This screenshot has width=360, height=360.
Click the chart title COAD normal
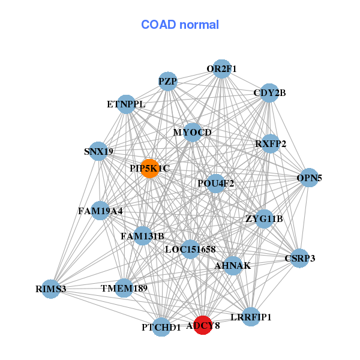coord(180,25)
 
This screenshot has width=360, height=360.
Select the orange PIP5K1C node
coord(150,169)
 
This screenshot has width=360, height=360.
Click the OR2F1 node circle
coord(222,68)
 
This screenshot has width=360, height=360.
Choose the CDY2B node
coord(269,93)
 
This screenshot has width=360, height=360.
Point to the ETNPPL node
coord(126,104)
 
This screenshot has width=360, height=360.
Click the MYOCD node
coord(193,132)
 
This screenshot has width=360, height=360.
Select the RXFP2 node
coord(271,143)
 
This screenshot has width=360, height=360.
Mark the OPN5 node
coord(309,178)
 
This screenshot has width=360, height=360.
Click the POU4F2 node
coord(216,183)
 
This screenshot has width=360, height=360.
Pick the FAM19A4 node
coord(100,211)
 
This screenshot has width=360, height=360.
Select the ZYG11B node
coord(264,218)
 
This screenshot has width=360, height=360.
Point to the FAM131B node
coord(142,236)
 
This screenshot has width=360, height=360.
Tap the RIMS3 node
coord(50,289)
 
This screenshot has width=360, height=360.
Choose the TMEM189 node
coord(124,289)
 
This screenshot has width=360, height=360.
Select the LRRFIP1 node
coord(251,316)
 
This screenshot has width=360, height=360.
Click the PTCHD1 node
coord(161,327)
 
